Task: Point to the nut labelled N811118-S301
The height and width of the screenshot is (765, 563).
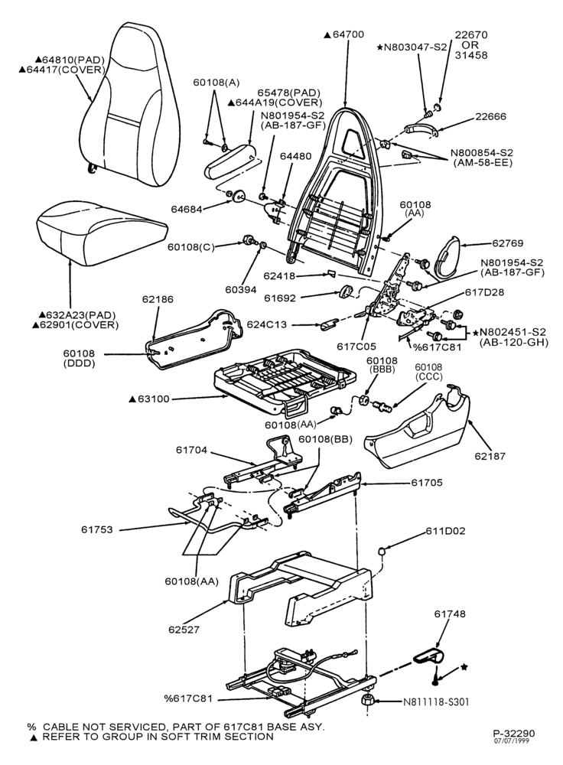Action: (369, 701)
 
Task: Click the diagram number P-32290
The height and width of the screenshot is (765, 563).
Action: (513, 734)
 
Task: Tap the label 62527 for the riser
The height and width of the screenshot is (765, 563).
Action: (184, 630)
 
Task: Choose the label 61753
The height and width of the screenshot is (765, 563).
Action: (96, 529)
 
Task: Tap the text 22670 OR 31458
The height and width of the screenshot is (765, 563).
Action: (471, 45)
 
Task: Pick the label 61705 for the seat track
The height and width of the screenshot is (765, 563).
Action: (427, 483)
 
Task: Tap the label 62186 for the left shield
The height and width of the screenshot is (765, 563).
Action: (158, 299)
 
